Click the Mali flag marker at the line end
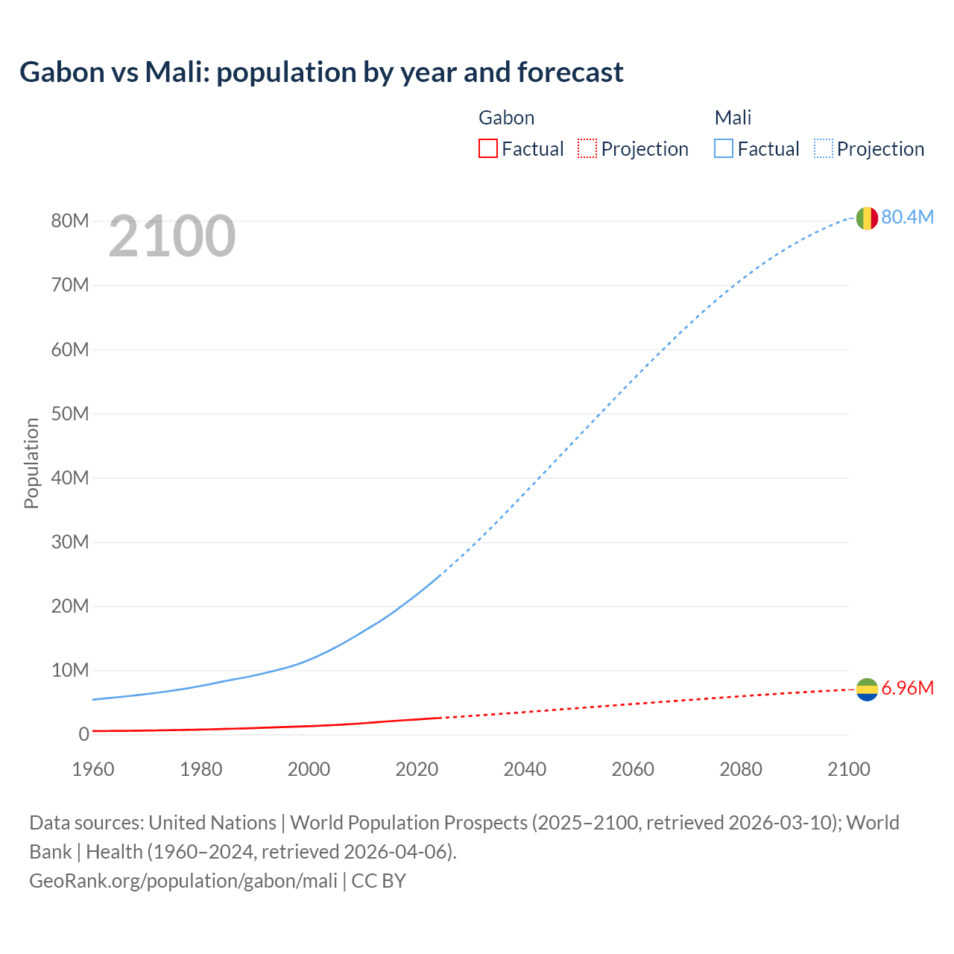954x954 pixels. click(867, 218)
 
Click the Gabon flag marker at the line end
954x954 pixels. click(867, 690)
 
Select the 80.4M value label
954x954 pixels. click(907, 217)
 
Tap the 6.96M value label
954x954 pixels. click(907, 688)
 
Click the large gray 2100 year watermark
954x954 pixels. click(172, 236)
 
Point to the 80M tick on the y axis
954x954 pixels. click(70, 221)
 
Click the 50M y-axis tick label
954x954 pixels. click(70, 414)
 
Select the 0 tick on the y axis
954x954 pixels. click(83, 734)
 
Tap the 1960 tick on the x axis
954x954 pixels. click(93, 769)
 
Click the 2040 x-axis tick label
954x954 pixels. click(525, 769)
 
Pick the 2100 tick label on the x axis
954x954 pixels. click(848, 769)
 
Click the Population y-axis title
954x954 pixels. click(31, 463)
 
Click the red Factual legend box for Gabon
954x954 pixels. click(487, 149)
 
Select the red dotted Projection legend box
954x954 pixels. click(587, 149)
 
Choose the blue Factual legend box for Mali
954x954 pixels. click(723, 149)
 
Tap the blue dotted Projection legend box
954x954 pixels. click(823, 149)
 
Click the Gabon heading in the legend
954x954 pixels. click(506, 118)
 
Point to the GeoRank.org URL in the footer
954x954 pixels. click(183, 880)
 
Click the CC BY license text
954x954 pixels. click(379, 880)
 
